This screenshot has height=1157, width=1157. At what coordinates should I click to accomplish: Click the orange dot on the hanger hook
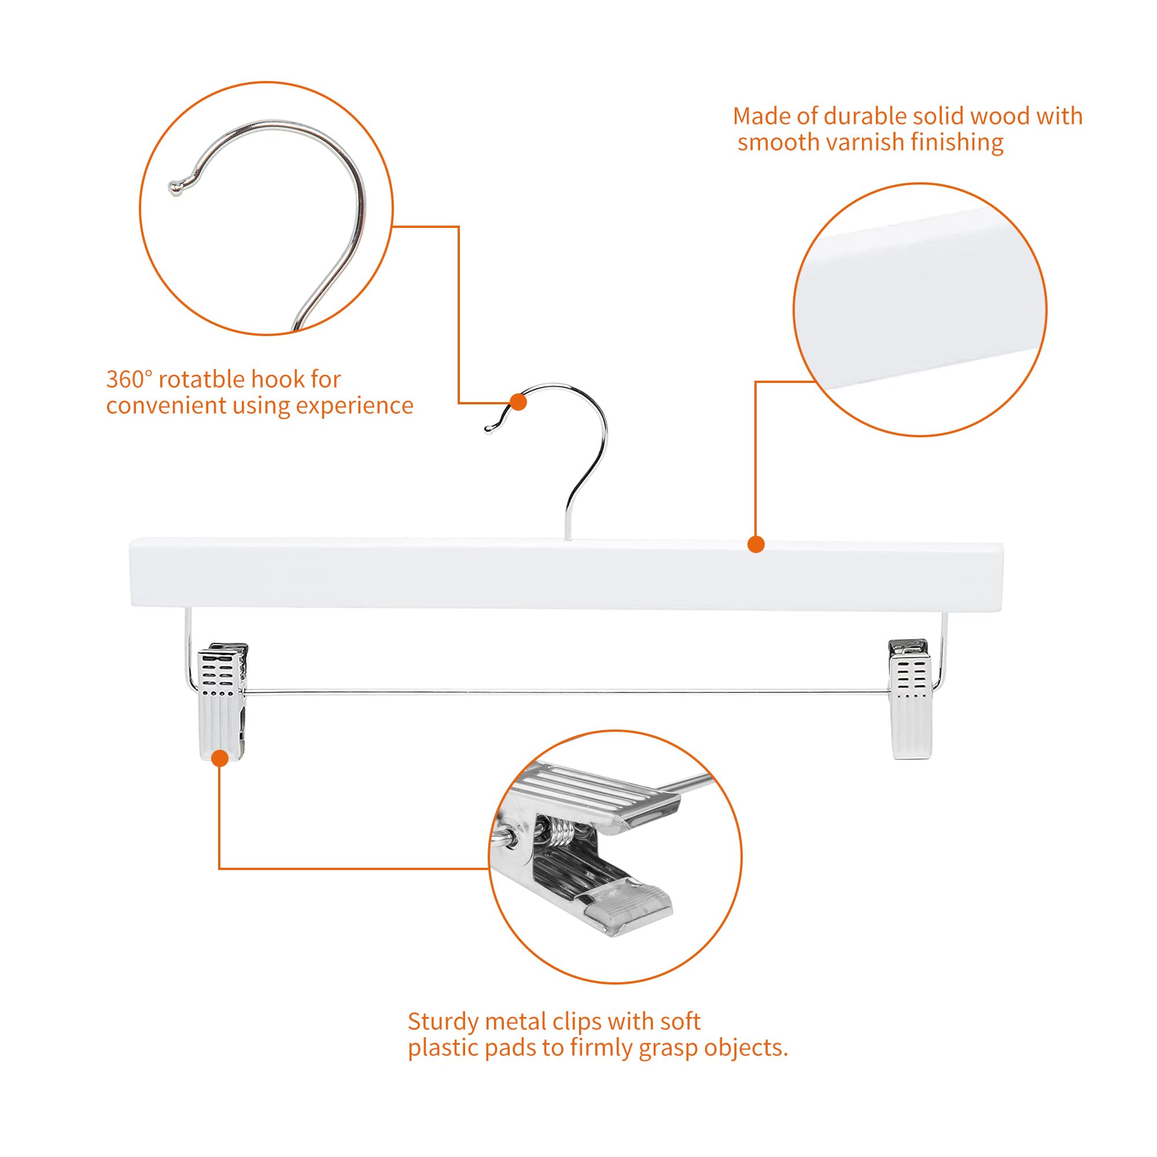pos(518,402)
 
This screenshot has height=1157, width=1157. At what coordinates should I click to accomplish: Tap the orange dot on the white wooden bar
pos(756,544)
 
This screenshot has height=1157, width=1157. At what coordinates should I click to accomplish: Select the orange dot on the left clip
pos(220,759)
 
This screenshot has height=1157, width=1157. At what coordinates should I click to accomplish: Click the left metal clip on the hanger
pos(223,701)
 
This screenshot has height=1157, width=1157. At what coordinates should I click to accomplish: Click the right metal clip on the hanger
pos(909,699)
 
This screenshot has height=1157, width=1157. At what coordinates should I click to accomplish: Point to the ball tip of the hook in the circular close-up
pos(174,188)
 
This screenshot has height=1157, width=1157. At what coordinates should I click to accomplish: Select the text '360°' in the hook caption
pos(130,379)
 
